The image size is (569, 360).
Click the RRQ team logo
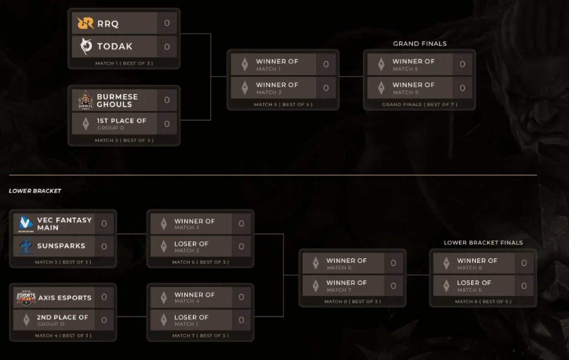[86, 23]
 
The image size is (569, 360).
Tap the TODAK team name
[114, 47]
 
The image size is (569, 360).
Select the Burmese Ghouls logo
[86, 101]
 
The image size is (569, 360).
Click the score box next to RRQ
[167, 23]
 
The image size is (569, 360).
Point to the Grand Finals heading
[420, 43]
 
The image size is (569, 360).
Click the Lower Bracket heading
[35, 191]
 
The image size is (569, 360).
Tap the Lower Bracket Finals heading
[483, 243]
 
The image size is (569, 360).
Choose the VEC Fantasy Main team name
[64, 223]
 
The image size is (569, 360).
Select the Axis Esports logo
[26, 298]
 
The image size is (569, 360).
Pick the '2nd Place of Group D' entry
[62, 319]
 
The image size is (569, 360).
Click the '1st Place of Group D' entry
[121, 123]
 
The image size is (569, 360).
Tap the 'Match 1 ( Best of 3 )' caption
[123, 63]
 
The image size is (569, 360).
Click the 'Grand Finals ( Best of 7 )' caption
[420, 104]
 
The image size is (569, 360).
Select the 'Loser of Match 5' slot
[473, 286]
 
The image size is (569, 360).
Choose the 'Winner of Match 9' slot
[413, 88]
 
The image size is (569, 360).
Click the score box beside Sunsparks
[104, 246]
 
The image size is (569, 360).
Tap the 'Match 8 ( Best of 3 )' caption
[352, 302]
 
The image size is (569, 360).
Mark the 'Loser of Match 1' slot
[191, 320]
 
